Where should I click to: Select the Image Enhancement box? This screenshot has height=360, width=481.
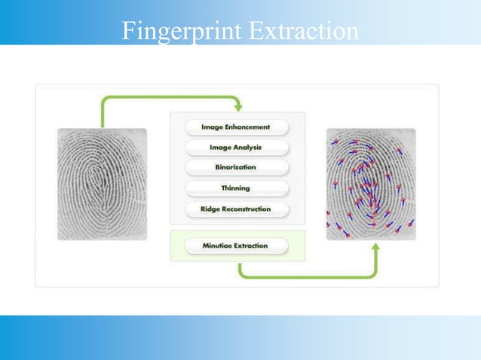pos(236,127)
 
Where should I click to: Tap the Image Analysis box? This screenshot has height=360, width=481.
pos(236,148)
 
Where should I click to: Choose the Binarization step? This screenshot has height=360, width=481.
pos(236,167)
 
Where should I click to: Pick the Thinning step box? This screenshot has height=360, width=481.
pos(236,188)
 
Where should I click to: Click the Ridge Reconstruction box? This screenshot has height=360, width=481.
pos(236,209)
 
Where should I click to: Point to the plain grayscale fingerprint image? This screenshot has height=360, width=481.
pos(102,184)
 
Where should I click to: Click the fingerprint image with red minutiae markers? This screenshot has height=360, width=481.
pos(370,184)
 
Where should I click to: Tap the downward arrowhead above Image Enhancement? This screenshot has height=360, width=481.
pos(238,108)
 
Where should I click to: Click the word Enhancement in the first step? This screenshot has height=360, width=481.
pos(251,127)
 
